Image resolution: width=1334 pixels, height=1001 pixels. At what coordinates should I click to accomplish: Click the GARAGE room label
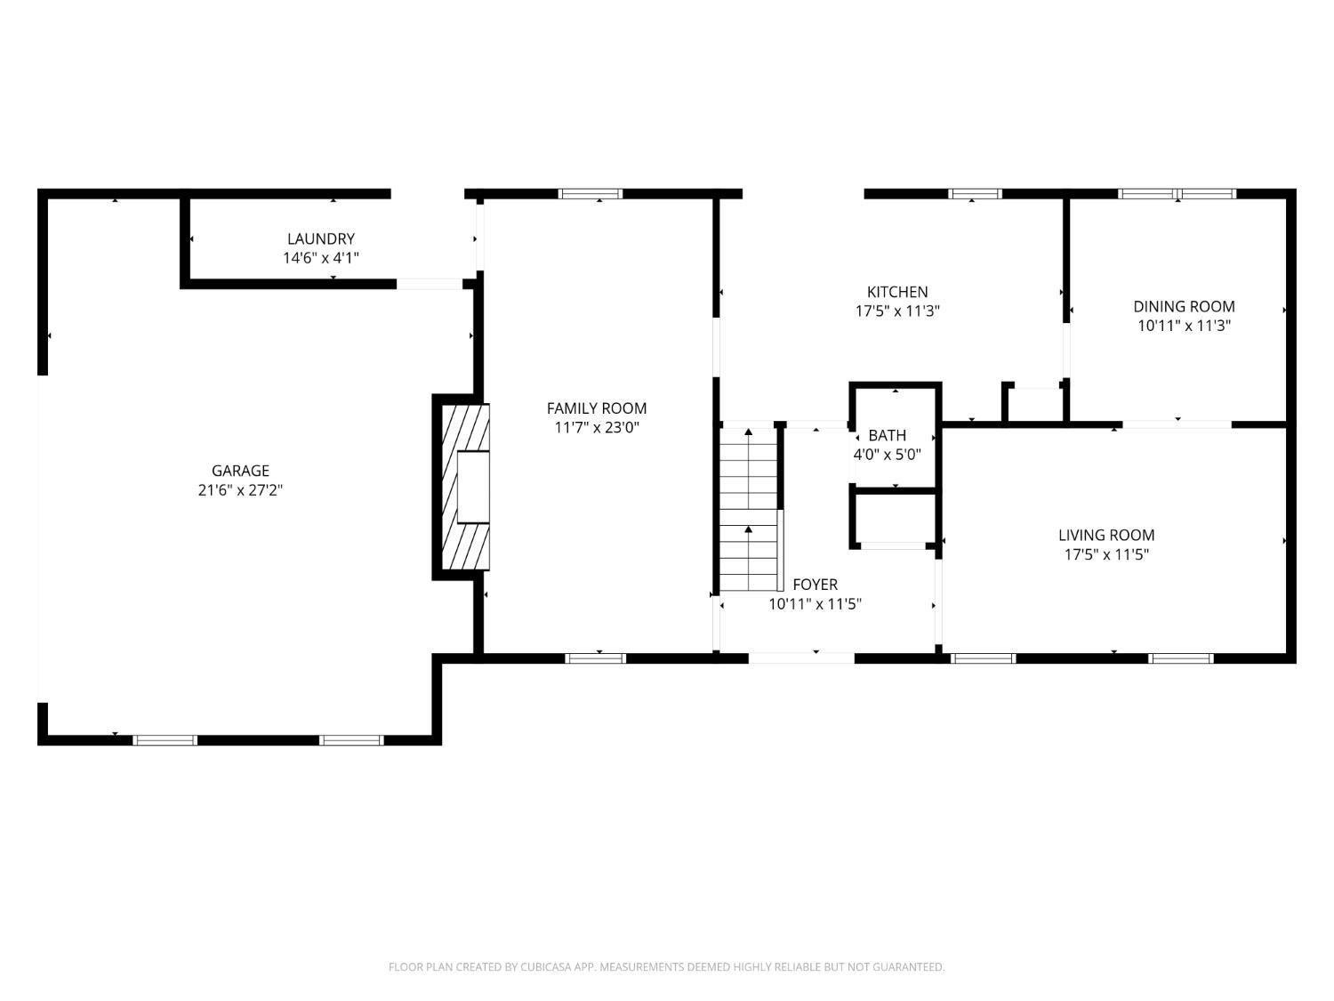240,470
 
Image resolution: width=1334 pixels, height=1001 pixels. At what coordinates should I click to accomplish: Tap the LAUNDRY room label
321,238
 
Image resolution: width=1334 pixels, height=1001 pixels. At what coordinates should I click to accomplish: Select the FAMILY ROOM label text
596,408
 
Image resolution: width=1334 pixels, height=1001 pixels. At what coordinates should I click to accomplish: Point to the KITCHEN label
897,291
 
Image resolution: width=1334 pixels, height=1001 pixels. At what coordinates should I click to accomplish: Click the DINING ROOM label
1184,306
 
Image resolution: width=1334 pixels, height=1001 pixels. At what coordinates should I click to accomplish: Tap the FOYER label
815,584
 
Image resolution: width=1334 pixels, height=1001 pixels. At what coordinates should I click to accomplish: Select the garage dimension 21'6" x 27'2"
240,489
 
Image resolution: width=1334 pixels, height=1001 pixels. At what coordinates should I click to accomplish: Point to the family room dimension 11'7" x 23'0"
596,427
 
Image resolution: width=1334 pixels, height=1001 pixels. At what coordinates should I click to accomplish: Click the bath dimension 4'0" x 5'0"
888,454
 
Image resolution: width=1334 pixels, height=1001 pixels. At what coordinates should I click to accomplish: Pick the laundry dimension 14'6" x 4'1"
321,258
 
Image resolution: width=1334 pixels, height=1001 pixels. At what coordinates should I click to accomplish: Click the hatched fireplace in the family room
465,486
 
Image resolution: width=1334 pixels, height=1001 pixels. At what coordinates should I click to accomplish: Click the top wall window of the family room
591,194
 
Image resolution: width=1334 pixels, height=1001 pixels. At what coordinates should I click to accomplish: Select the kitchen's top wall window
975,194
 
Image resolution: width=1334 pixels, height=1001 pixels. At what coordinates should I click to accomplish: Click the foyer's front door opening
801,658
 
